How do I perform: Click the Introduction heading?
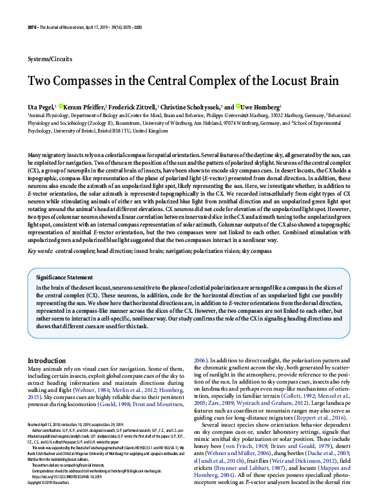click(51, 360)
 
